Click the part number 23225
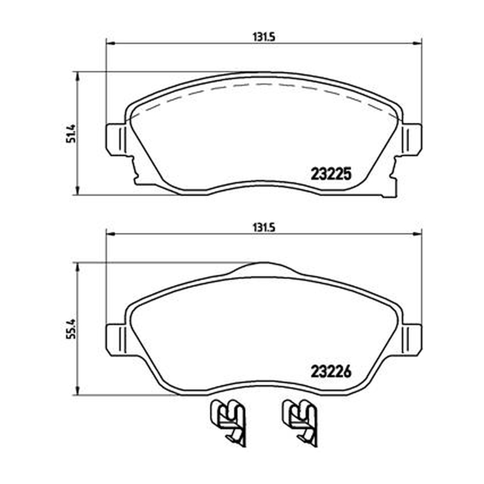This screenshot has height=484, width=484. click(331, 174)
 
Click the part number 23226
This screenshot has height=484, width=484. click(331, 371)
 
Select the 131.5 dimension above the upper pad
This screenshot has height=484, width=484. click(264, 37)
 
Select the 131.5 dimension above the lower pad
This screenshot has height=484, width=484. click(264, 228)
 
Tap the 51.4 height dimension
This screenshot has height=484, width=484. click(71, 133)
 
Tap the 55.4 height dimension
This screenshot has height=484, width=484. click(71, 329)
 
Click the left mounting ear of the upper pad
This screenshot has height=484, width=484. click(116, 139)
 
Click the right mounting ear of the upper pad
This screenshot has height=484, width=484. click(412, 139)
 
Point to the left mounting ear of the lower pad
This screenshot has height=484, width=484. click(116, 339)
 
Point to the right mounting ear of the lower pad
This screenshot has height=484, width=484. click(412, 339)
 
